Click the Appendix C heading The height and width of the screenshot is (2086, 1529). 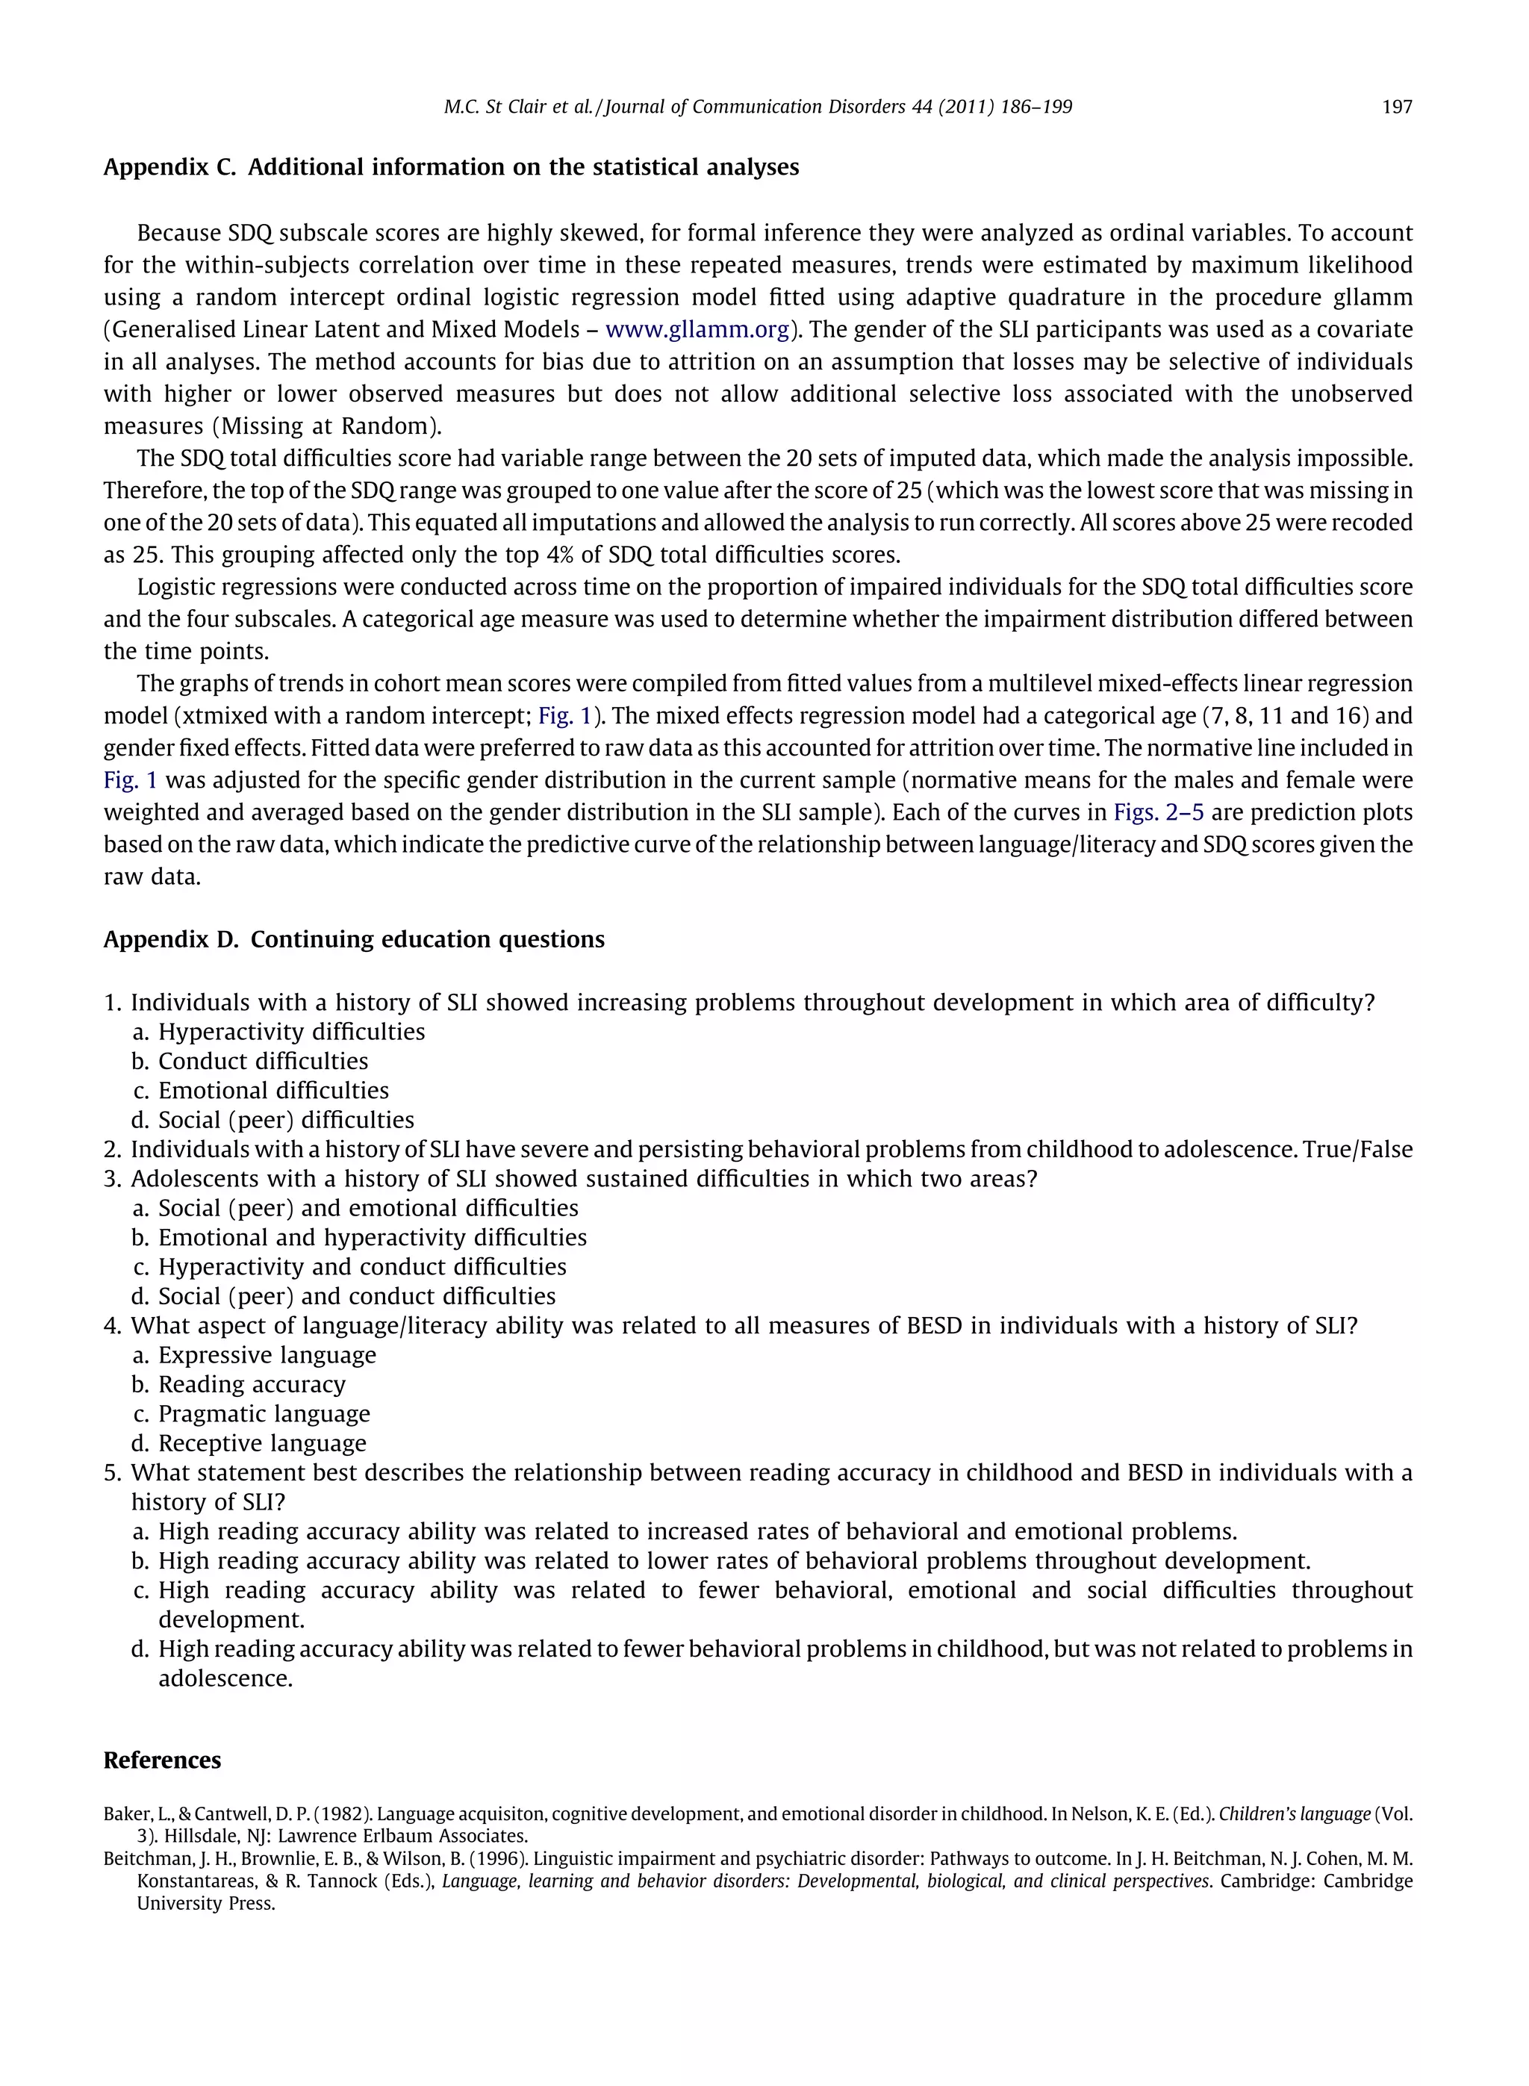451,167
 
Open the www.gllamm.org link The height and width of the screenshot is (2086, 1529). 697,329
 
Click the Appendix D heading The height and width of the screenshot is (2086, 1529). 354,939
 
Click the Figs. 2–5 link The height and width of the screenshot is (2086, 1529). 1158,812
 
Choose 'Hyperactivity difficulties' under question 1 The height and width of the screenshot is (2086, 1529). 292,1032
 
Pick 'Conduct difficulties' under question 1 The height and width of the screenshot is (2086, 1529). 263,1062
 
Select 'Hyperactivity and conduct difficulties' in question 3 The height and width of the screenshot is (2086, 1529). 362,1267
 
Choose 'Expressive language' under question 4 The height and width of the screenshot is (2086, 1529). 267,1355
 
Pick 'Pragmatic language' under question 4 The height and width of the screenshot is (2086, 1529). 264,1414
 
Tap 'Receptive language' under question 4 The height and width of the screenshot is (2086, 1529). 262,1444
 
